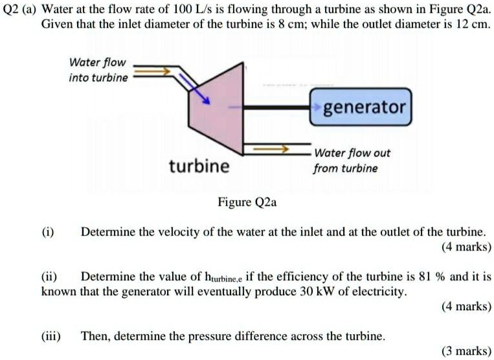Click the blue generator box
pyautogui.click(x=360, y=106)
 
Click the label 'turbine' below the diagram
pyautogui.click(x=199, y=166)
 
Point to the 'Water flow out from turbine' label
pyautogui.click(x=352, y=161)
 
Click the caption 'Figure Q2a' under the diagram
pyautogui.click(x=247, y=202)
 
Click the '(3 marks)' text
pyautogui.click(x=466, y=351)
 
